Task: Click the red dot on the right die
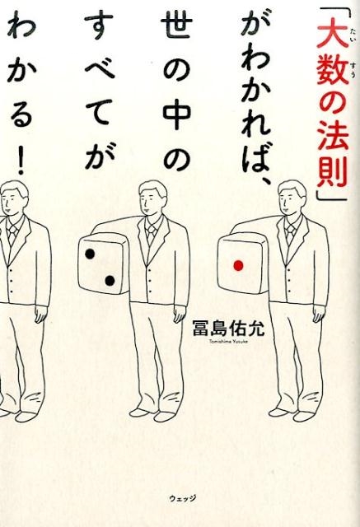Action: [x=238, y=265]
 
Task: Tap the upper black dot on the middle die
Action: [x=90, y=254]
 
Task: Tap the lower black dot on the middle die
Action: [x=110, y=280]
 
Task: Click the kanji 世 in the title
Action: [x=175, y=28]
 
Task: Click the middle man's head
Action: [x=153, y=198]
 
